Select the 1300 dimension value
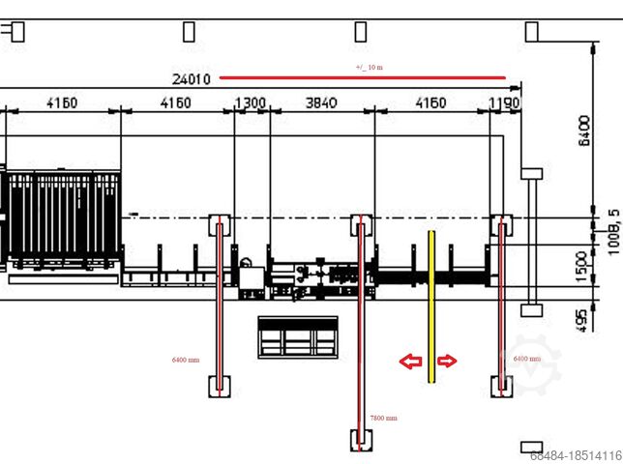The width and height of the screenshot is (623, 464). click(251, 102)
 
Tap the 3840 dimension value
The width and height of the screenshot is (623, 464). click(320, 102)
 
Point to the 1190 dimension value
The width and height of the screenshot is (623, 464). click(505, 102)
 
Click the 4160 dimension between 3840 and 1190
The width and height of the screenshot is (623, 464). click(430, 102)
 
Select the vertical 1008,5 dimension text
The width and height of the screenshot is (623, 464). click(610, 228)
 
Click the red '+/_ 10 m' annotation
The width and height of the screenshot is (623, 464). click(370, 68)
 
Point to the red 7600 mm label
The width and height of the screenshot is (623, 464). click(383, 418)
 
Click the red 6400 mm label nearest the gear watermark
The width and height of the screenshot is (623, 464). click(527, 359)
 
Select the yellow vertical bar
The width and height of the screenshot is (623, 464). click(430, 306)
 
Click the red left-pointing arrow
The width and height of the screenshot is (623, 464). click(411, 362)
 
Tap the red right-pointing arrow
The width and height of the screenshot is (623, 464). click(447, 362)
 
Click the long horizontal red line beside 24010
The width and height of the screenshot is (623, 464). click(362, 77)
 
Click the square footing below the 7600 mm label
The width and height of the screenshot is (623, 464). click(360, 441)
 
